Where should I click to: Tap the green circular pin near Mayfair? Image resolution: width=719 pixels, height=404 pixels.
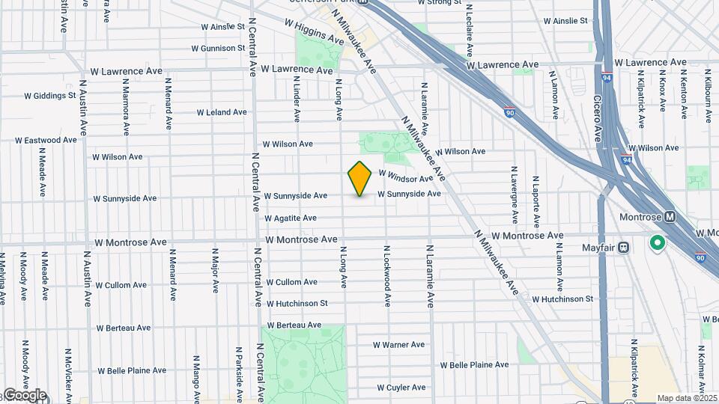658,243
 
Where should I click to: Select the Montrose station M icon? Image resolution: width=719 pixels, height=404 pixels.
670,217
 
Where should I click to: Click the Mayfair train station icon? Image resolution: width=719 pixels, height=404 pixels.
623,248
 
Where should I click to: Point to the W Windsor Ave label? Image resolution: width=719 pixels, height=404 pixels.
406,177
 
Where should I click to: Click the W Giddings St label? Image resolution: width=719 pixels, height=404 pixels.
50,96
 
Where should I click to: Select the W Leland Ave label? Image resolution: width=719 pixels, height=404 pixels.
222,112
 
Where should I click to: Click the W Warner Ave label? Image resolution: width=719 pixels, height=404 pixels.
400,345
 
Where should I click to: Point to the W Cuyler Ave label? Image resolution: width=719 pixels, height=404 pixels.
401,388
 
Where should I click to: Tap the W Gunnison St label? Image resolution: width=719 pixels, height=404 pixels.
219,49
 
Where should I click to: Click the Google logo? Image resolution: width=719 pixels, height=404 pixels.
24,395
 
